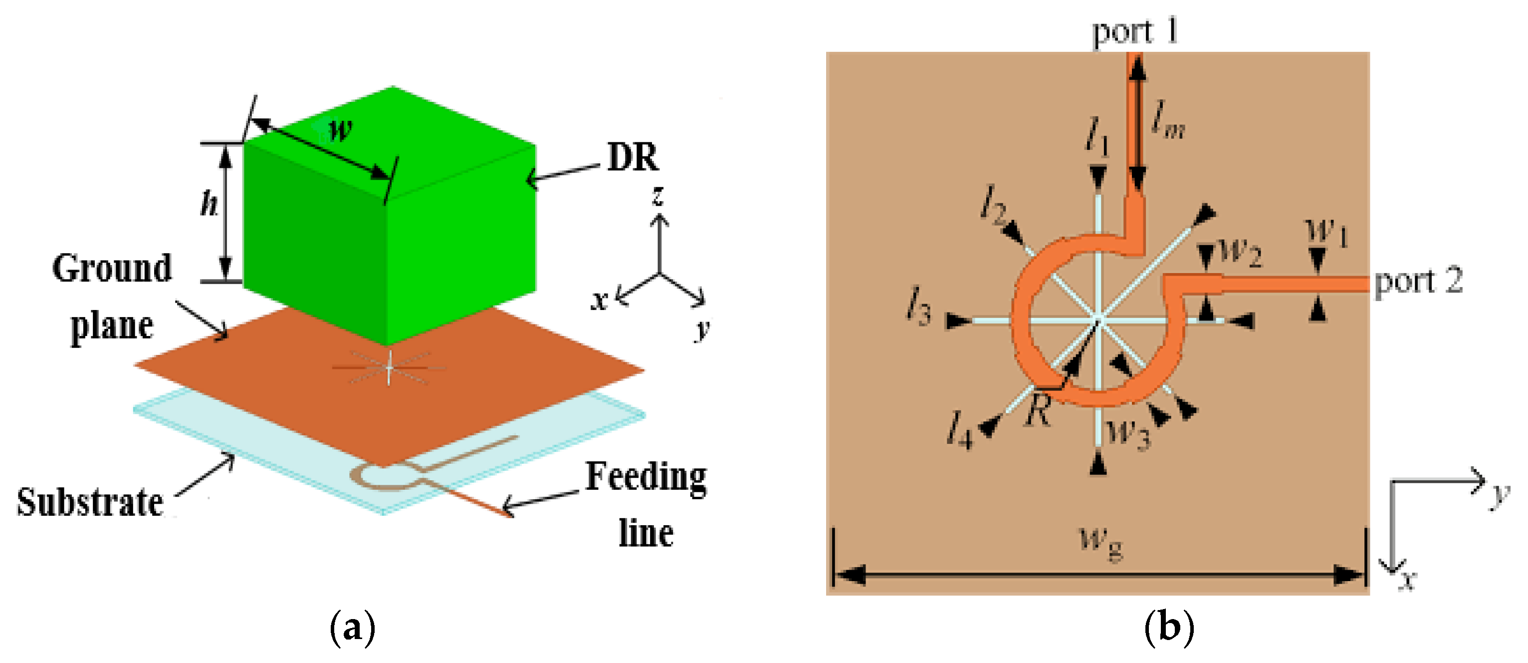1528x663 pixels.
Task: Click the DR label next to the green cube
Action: tap(633, 158)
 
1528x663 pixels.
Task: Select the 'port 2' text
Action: tap(1418, 282)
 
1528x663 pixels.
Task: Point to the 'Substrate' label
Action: tap(90, 502)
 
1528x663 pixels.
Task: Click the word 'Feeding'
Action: tap(646, 478)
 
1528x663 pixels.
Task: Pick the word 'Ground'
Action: tap(112, 268)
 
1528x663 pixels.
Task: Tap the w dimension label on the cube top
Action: tap(340, 129)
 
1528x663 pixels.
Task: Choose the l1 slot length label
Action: tap(1097, 138)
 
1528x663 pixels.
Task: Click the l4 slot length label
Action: tap(960, 430)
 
